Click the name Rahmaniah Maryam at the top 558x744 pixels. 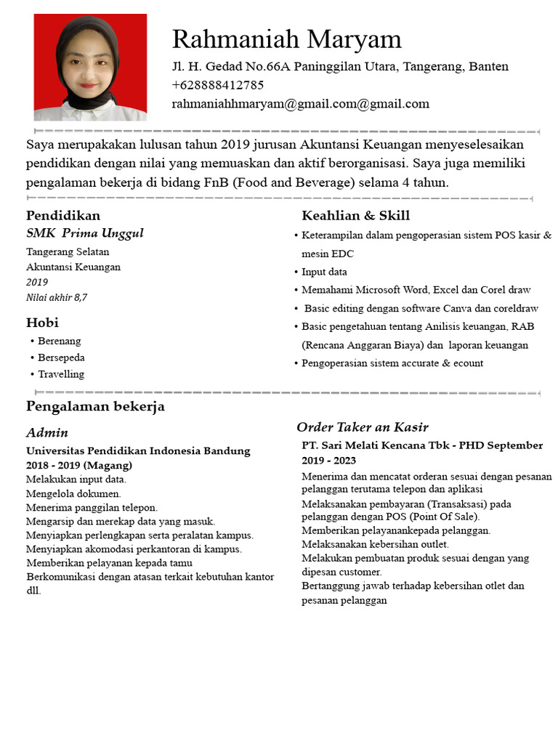286,39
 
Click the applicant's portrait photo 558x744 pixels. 90,67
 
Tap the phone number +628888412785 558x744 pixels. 218,85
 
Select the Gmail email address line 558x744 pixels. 300,104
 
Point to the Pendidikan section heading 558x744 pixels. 63,216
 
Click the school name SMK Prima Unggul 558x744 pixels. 85,233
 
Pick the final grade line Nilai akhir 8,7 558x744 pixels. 57,297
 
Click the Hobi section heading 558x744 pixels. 42,323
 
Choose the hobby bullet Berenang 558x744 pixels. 60,341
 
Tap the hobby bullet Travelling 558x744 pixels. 61,374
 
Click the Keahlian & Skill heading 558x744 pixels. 355,216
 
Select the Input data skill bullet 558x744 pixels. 324,272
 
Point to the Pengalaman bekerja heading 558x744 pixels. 95,406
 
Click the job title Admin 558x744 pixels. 47,433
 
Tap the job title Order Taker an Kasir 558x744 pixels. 362,427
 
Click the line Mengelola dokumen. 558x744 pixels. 73,493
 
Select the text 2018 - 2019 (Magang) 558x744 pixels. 79,465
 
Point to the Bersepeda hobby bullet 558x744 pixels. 61,357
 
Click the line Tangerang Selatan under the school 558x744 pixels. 68,252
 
